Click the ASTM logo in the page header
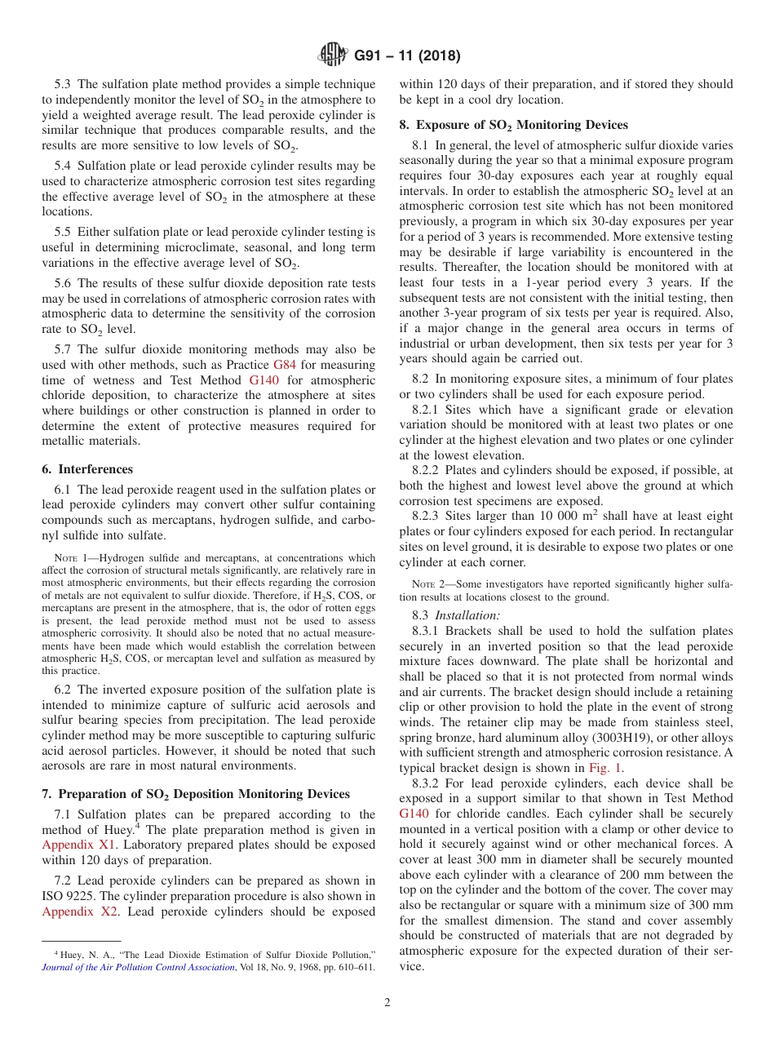(x=333, y=55)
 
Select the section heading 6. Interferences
(x=87, y=469)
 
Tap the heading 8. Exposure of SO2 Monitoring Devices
(x=513, y=125)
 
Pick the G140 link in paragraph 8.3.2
(x=415, y=814)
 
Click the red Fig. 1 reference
(x=606, y=768)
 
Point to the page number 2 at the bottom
(x=387, y=1003)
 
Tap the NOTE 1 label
(x=69, y=559)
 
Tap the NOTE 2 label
(x=427, y=585)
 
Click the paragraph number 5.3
(x=64, y=84)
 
